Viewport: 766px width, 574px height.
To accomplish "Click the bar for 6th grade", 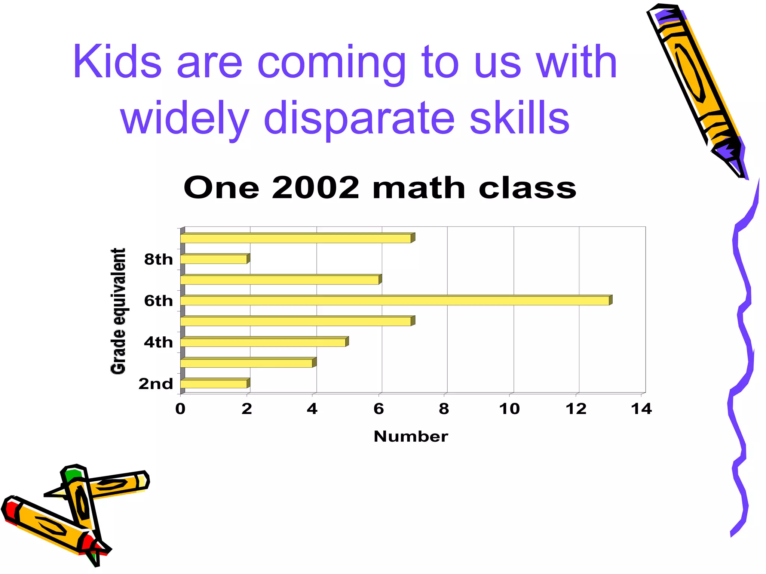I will tap(395, 300).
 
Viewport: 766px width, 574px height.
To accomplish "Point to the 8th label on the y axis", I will tap(158, 259).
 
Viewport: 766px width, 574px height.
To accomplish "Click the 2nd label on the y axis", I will tap(156, 384).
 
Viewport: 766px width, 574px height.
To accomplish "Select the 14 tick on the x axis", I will tap(641, 409).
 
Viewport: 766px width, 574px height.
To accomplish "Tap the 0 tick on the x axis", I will tap(180, 409).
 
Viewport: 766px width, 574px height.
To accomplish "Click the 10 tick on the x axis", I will tap(509, 409).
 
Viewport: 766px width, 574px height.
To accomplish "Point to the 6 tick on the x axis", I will tap(379, 409).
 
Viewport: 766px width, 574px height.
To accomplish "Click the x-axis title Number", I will tap(411, 436).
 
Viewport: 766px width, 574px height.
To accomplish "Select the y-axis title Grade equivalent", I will tap(118, 311).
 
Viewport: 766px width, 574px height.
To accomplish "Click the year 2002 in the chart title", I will tap(315, 188).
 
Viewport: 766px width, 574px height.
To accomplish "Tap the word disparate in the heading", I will tap(359, 118).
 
